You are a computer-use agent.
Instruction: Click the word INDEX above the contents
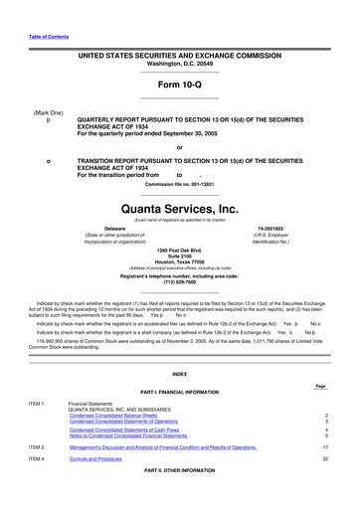pos(179,374)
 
